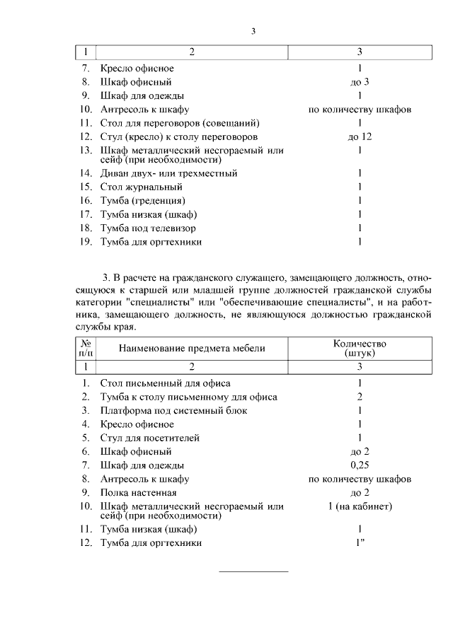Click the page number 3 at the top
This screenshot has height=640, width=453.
click(x=253, y=30)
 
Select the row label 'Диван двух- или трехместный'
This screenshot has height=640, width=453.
click(x=168, y=173)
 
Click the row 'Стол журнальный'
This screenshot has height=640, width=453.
click(x=142, y=187)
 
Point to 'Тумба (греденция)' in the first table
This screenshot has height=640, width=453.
click(x=144, y=201)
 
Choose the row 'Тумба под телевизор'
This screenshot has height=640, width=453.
click(x=148, y=228)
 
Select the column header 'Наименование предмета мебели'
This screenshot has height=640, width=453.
click(x=192, y=349)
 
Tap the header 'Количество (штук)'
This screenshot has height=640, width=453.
click(x=360, y=348)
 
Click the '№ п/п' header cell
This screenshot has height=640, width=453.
click(x=85, y=348)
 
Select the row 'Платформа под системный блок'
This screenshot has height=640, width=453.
click(x=173, y=411)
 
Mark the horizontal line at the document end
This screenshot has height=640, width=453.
click(x=253, y=571)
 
